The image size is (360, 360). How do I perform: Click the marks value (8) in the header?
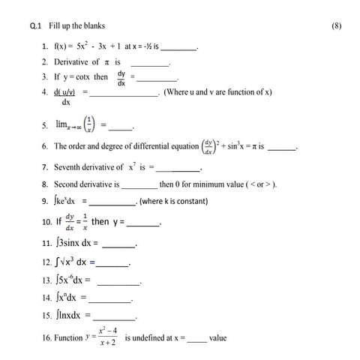click(336, 25)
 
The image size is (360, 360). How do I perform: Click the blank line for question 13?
click(118, 283)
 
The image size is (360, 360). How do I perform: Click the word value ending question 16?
click(218, 338)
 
